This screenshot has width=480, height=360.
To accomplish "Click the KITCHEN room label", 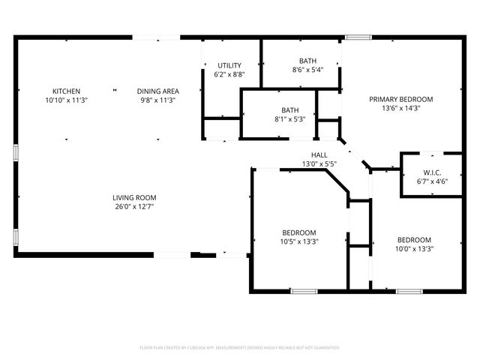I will pos(66,91).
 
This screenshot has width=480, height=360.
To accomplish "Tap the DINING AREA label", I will pos(157,91).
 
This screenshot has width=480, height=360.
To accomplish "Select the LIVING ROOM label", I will pos(135,197).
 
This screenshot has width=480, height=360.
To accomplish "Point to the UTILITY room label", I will pos(229,65).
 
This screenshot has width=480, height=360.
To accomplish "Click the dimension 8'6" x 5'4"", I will pos(307,70).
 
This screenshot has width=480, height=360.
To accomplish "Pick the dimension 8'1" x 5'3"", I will pos(289,118).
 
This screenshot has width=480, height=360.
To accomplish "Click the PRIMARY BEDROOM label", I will pos(400,98).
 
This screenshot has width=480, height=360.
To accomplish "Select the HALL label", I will pos(319,154).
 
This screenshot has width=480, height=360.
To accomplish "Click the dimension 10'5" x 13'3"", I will pos(298,241).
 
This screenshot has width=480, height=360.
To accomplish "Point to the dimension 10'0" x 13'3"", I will pos(414,249).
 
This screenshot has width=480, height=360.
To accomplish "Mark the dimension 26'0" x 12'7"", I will pos(135,206).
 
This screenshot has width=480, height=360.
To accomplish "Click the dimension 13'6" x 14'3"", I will pos(400,107).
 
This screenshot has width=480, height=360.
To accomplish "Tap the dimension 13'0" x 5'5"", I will pos(319,163).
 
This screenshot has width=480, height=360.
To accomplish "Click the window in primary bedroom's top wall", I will pos(358,36).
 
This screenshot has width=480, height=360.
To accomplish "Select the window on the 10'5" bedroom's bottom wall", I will pos(304,290).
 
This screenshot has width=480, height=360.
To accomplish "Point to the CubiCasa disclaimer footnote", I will pos(240,347).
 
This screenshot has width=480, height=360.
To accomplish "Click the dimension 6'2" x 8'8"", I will pos(229,74).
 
